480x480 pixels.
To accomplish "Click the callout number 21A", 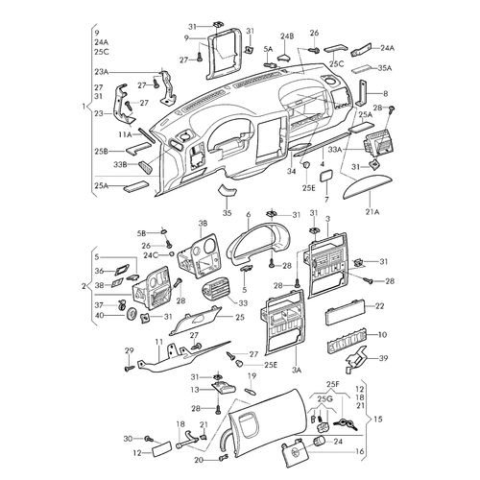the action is (x=372, y=211).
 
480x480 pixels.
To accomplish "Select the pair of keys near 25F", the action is (x=346, y=424).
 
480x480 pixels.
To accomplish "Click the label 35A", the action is (x=385, y=68).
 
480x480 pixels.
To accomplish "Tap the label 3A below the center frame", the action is (x=297, y=371).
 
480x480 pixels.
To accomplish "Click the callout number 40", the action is (x=99, y=315).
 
